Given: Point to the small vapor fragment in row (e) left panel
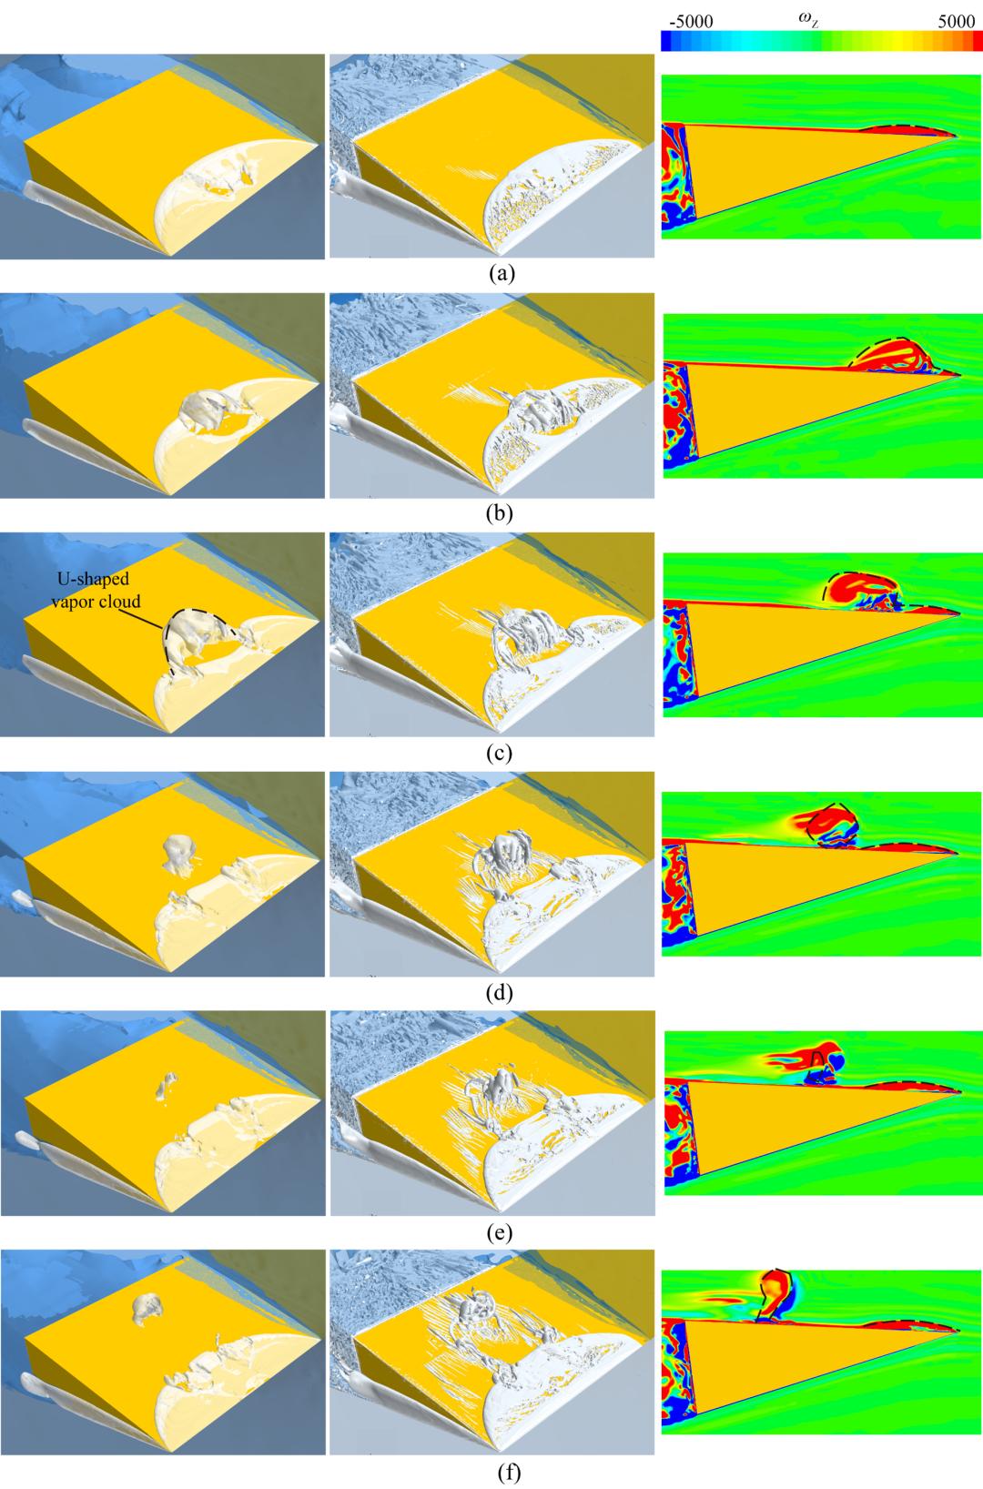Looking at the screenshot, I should (x=167, y=1083).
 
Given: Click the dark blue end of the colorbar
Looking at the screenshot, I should (x=669, y=41).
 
